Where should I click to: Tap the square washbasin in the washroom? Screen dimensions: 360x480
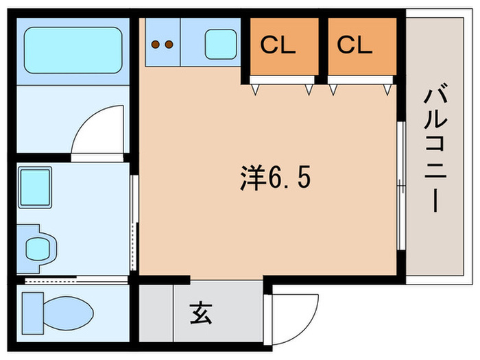[35, 184]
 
